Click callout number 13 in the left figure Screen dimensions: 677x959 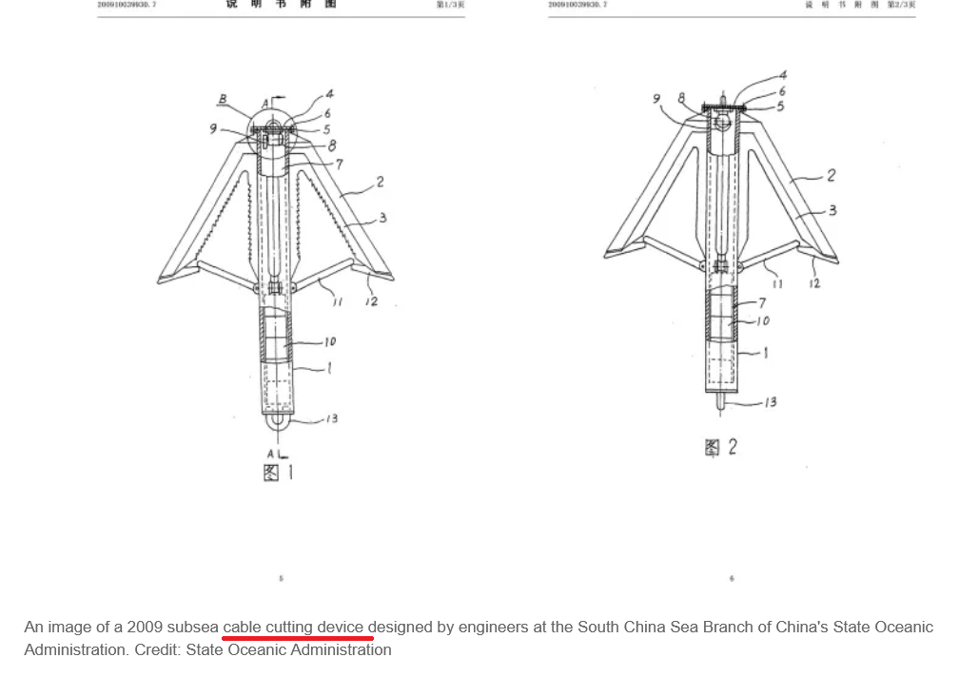click(330, 418)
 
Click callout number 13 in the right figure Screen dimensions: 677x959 click(770, 402)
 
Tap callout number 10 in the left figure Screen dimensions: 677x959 click(329, 341)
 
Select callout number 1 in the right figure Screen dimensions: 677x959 click(766, 353)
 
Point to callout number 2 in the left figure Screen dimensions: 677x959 click(381, 182)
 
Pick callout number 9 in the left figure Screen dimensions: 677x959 click(214, 128)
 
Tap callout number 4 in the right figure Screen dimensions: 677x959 click(783, 75)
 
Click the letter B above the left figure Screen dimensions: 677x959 click(224, 98)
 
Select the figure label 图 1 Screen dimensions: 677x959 click(278, 472)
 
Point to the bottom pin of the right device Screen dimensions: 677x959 click(720, 402)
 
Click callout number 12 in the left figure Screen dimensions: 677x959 click(371, 301)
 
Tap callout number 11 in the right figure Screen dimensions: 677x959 click(777, 283)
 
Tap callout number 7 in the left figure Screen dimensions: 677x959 click(340, 164)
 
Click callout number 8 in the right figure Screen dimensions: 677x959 click(681, 98)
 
